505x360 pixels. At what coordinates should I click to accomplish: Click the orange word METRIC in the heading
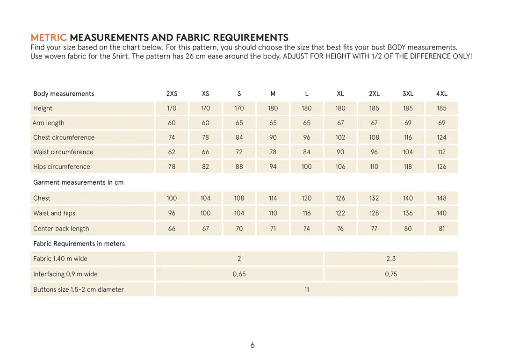[49, 37]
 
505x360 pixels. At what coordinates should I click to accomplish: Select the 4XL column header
[441, 94]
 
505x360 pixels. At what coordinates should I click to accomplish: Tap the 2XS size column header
[172, 94]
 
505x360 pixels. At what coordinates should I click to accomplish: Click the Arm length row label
[49, 123]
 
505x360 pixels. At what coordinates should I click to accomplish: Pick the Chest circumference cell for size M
[273, 137]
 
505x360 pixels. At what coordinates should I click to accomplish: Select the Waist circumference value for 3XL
[408, 152]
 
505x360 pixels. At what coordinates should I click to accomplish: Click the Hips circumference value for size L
[306, 166]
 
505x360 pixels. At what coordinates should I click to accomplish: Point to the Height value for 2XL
[374, 108]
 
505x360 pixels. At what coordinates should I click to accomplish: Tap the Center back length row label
[61, 229]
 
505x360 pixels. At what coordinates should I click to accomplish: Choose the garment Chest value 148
[441, 198]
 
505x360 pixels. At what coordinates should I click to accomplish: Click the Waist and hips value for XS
[205, 213]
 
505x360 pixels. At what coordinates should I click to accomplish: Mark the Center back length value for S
[239, 229]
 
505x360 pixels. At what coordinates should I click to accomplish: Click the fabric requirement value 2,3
[391, 259]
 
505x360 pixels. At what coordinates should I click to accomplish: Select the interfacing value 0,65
[239, 274]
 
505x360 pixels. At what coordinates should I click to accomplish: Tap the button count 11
[307, 289]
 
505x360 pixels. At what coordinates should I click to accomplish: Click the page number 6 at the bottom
[252, 345]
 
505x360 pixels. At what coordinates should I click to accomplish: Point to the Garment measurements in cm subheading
[78, 182]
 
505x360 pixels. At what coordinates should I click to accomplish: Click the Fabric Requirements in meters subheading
[79, 244]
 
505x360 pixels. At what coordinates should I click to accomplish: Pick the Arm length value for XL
[340, 123]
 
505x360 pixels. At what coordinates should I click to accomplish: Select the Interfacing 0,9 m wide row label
[65, 274]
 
